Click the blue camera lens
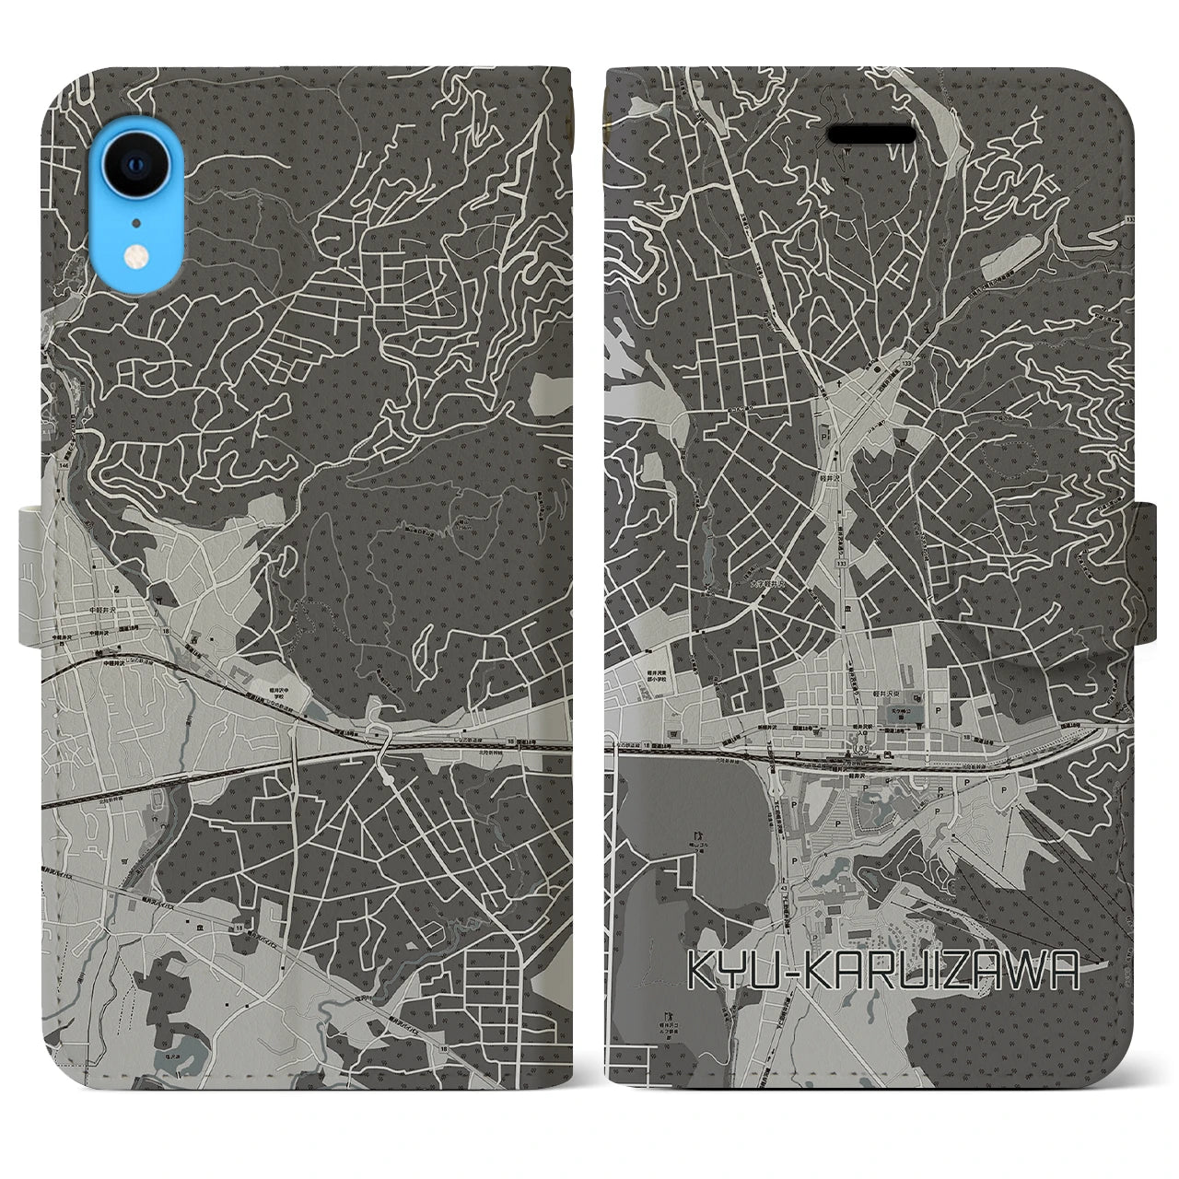pyautogui.click(x=135, y=166)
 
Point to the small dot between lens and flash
pyautogui.click(x=136, y=222)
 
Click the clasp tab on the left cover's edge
pyautogui.click(x=30, y=577)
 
